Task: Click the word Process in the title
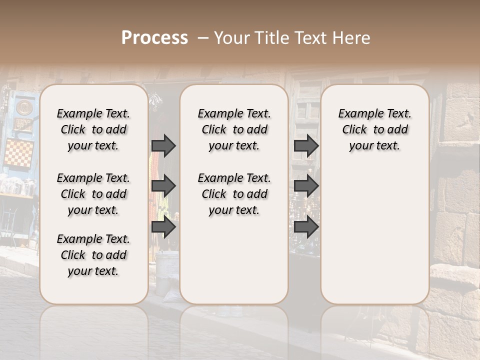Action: [154, 38]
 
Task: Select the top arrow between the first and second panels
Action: [163, 145]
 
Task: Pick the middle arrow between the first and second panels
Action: [163, 186]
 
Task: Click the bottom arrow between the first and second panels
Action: [163, 227]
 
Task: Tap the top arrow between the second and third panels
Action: [306, 145]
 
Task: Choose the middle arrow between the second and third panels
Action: [306, 186]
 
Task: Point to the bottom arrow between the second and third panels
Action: [306, 227]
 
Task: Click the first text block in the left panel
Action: [93, 129]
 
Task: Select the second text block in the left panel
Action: [93, 194]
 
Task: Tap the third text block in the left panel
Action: [93, 255]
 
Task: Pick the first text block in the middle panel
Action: [234, 129]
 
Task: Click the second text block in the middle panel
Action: [234, 194]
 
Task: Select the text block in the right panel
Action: [374, 129]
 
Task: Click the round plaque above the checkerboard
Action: [23, 107]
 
